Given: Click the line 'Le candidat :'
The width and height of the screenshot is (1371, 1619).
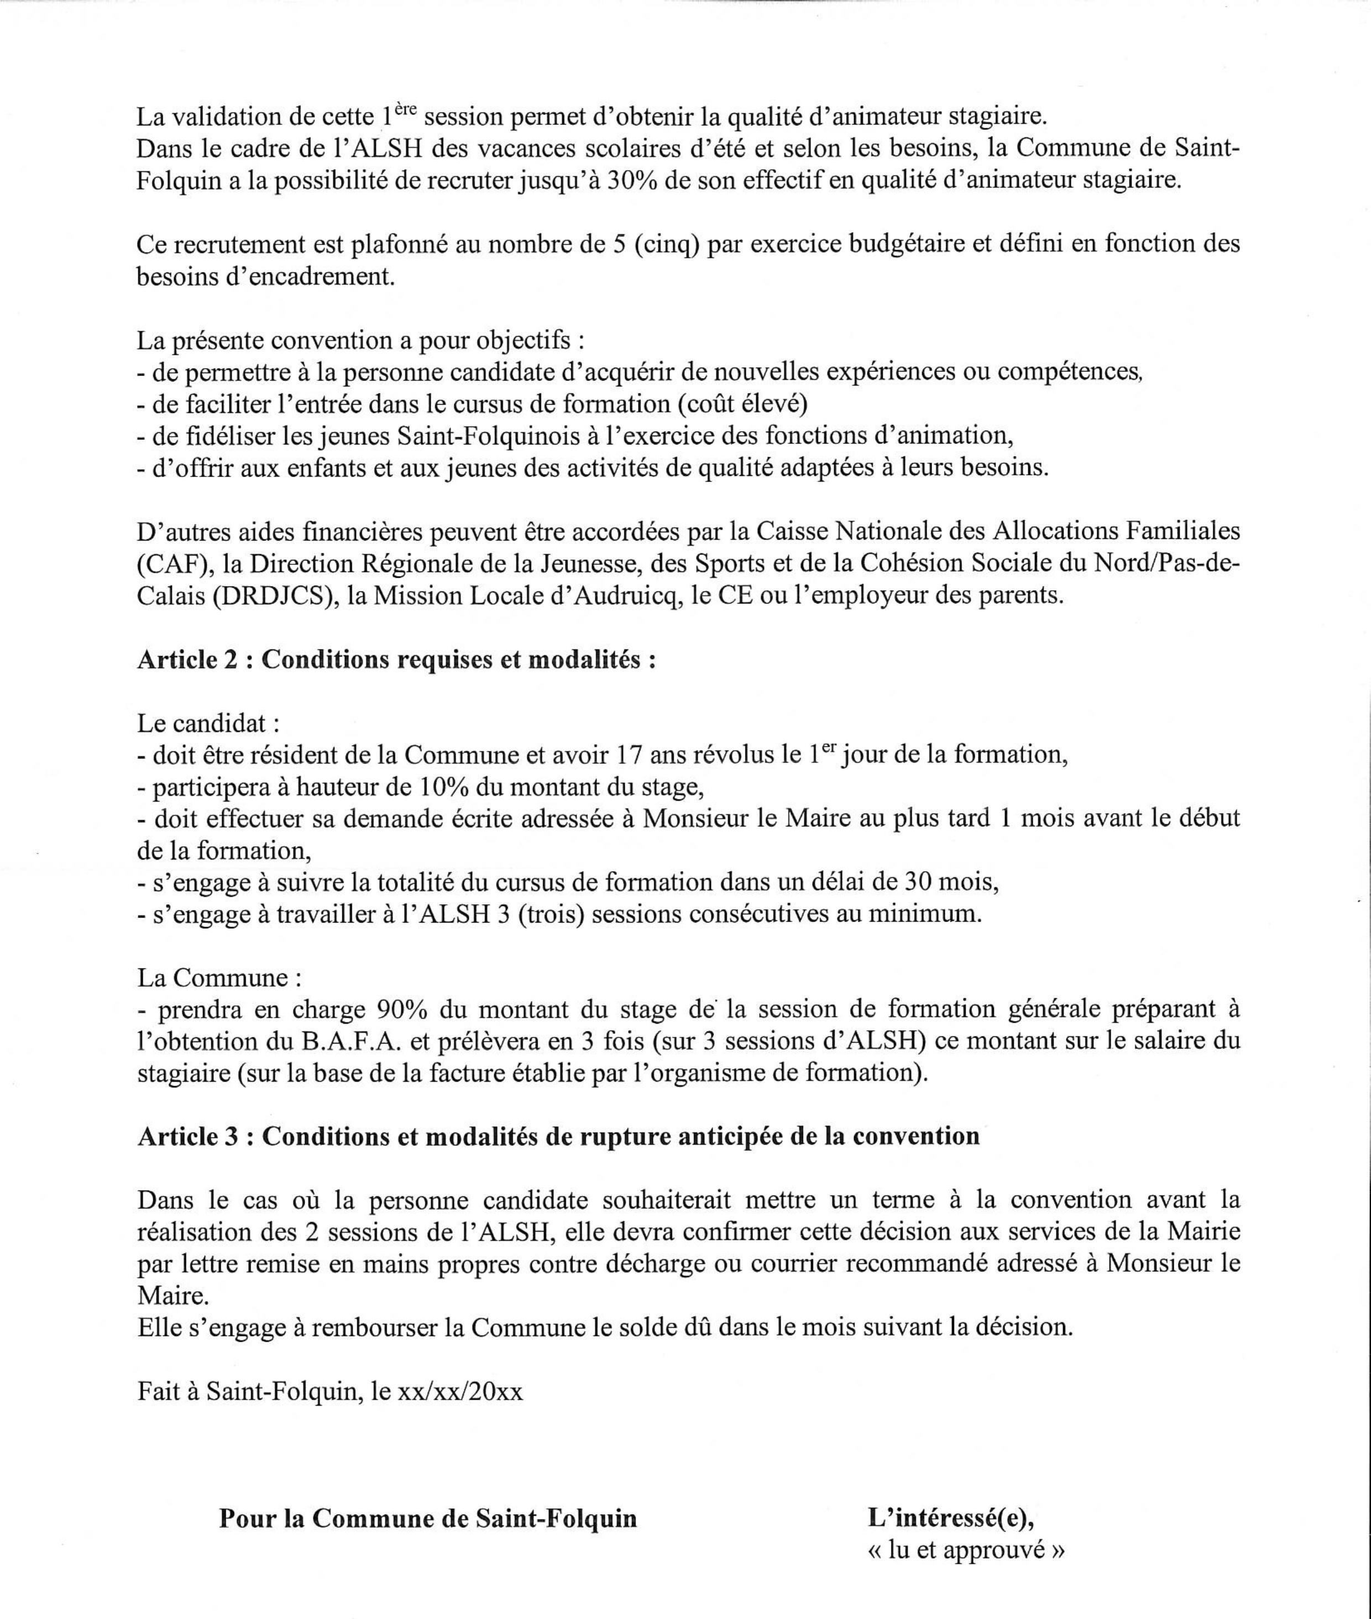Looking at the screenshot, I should pos(207,723).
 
